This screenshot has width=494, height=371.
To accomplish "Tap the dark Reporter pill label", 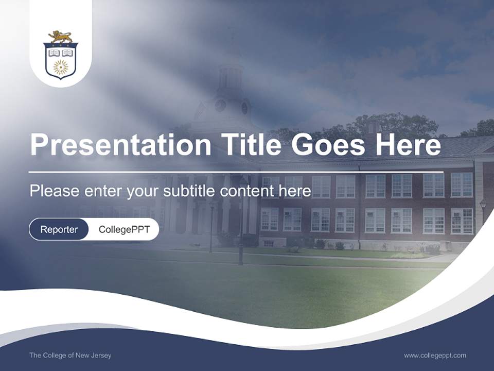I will [x=59, y=229].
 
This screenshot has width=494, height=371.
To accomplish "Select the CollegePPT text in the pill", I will [x=124, y=229].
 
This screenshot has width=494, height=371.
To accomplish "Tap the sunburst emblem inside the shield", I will [x=61, y=66].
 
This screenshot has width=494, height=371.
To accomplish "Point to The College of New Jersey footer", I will [x=70, y=356].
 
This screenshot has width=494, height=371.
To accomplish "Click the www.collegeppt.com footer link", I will [x=435, y=356].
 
